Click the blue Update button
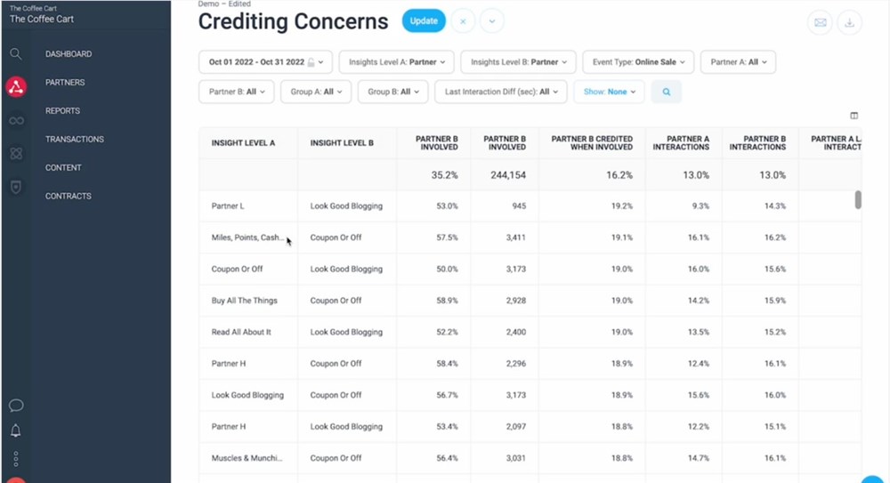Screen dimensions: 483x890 click(424, 20)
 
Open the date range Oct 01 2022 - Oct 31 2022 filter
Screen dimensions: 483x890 click(265, 62)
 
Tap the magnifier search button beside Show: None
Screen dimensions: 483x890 click(666, 92)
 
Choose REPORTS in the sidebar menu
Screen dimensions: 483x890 click(62, 111)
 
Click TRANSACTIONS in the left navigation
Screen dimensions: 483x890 click(75, 140)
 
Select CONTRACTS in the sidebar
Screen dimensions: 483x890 click(68, 197)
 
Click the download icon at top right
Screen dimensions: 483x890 click(850, 23)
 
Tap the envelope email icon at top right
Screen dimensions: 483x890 click(821, 23)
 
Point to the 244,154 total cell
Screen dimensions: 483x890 click(505, 175)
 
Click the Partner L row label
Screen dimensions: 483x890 click(228, 206)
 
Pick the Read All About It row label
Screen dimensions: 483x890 click(241, 333)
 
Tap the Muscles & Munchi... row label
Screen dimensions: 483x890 click(247, 458)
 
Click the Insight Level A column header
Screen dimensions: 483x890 click(243, 143)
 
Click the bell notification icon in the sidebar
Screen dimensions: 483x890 click(16, 431)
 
